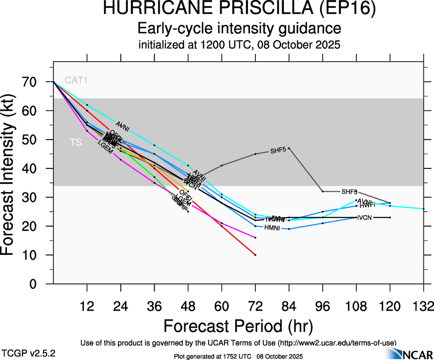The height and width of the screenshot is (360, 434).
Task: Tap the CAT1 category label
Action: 76,80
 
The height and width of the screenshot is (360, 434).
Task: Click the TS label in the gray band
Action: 76,143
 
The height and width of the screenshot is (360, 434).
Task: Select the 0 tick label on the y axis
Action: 38,284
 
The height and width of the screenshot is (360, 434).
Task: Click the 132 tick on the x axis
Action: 423,306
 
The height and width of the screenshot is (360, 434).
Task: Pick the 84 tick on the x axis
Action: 289,306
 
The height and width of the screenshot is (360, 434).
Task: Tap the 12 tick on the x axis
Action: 87,306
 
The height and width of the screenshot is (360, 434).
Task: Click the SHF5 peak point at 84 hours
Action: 289,148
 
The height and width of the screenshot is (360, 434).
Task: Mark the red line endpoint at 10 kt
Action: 255,255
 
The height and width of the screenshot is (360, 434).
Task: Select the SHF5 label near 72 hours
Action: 278,151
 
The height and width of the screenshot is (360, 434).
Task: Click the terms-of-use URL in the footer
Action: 337,342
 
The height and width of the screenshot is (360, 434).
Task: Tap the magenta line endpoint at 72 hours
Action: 255,237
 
